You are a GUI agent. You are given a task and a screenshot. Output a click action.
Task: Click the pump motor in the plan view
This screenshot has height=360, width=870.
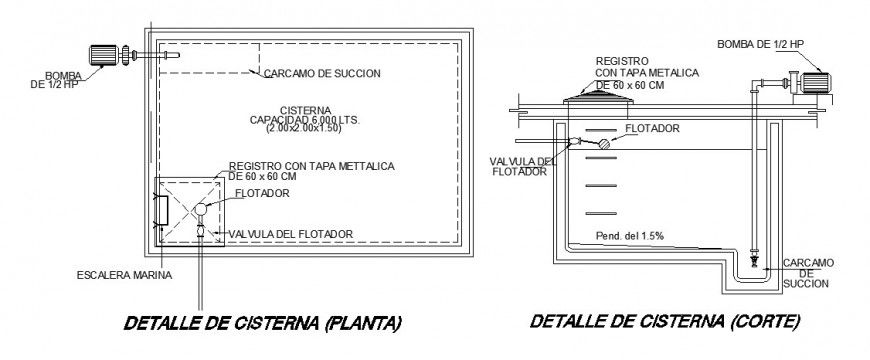point(100,55)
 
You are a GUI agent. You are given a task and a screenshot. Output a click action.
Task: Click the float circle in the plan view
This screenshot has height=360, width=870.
point(202,208)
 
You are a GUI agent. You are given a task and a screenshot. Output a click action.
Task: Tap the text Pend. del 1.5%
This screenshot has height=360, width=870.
point(630,235)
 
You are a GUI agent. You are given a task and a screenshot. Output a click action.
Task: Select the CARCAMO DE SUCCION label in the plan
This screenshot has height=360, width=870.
point(321,74)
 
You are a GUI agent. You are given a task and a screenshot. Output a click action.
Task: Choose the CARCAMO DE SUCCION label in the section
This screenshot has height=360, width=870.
point(806,271)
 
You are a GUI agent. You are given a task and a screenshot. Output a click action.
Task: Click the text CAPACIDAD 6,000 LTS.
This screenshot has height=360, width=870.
point(310,120)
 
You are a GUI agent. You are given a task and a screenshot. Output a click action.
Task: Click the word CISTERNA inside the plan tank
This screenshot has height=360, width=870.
point(306,109)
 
